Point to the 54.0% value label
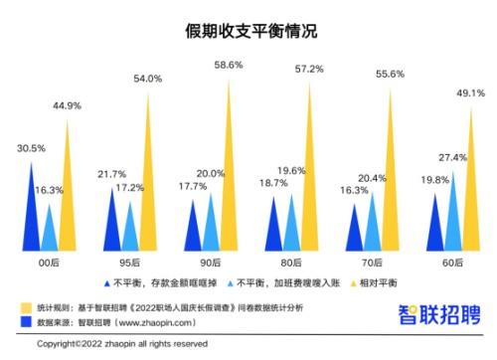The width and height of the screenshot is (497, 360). (x=149, y=79)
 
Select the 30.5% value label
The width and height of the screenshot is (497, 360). (x=32, y=148)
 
